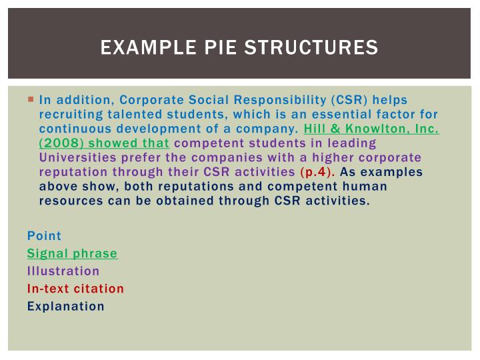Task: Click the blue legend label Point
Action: pyautogui.click(x=44, y=235)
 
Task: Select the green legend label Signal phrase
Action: pyautogui.click(x=72, y=253)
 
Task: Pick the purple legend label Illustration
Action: pyautogui.click(x=63, y=271)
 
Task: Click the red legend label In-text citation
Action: pyautogui.click(x=75, y=289)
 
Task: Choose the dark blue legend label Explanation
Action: pyautogui.click(x=66, y=307)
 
